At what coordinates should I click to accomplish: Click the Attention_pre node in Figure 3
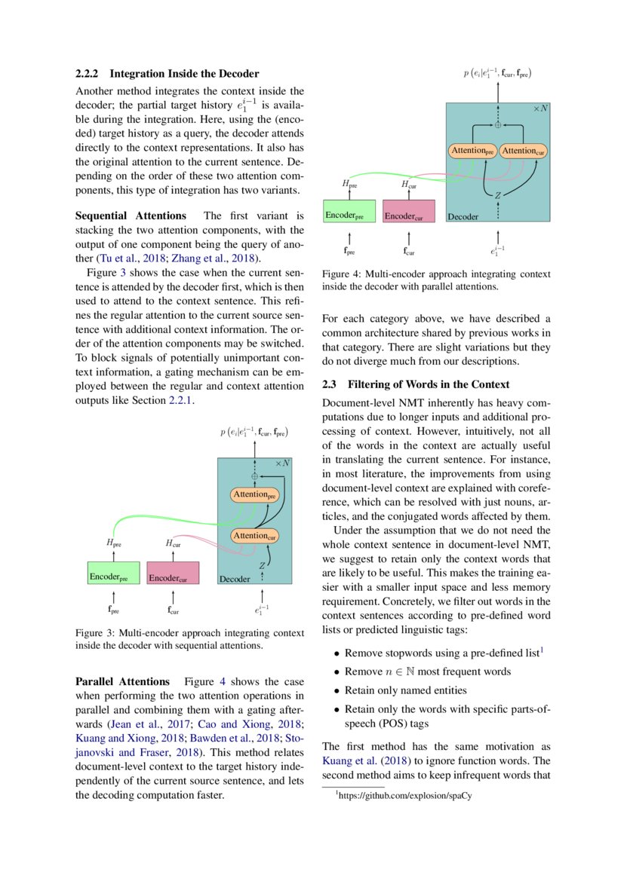click(254, 495)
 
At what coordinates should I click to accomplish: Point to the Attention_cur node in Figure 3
click(254, 536)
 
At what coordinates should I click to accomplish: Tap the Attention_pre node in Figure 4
click(472, 151)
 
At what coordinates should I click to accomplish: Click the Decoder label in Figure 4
click(463, 217)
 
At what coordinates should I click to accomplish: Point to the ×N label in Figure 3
click(282, 463)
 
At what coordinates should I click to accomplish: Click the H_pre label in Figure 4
click(349, 182)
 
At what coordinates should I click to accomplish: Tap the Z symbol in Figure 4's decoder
click(498, 195)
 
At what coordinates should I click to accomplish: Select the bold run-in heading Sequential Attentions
click(131, 216)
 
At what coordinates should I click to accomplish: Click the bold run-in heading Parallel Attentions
click(124, 682)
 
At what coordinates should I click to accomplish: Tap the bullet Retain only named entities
click(405, 690)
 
